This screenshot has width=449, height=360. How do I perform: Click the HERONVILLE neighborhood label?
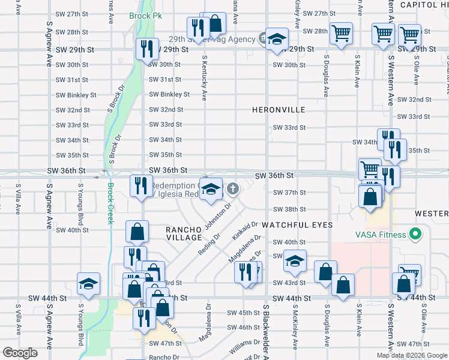click(279, 110)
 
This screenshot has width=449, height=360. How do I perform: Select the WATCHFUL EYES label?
click(297, 224)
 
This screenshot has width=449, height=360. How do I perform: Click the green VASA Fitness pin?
click(414, 234)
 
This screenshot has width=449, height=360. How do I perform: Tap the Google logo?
click(20, 353)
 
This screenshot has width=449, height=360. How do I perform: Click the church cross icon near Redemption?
click(233, 190)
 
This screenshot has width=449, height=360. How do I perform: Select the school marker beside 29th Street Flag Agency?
click(277, 40)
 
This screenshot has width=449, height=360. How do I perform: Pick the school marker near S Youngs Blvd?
click(88, 284)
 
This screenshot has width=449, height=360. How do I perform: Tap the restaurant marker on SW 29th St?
click(147, 47)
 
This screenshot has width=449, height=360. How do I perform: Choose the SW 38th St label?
click(289, 209)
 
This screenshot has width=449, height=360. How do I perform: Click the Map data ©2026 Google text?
click(411, 355)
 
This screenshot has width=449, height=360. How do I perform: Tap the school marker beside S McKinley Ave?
click(295, 261)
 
